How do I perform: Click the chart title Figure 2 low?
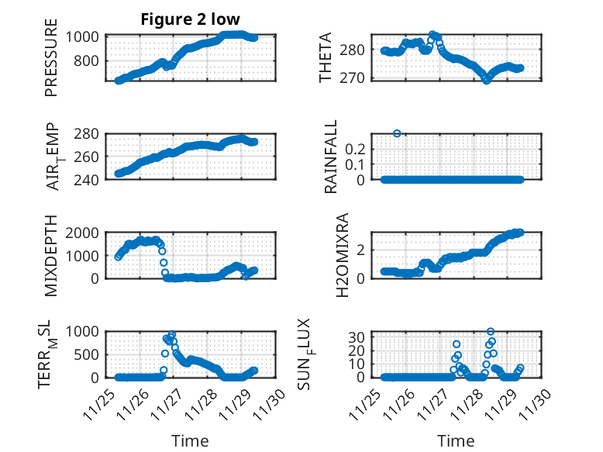190,19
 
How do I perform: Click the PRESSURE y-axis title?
51,63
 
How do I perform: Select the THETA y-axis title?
326,58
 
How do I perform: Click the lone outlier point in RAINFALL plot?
398,133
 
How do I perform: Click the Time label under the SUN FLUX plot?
457,441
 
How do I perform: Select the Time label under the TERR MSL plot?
190,441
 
